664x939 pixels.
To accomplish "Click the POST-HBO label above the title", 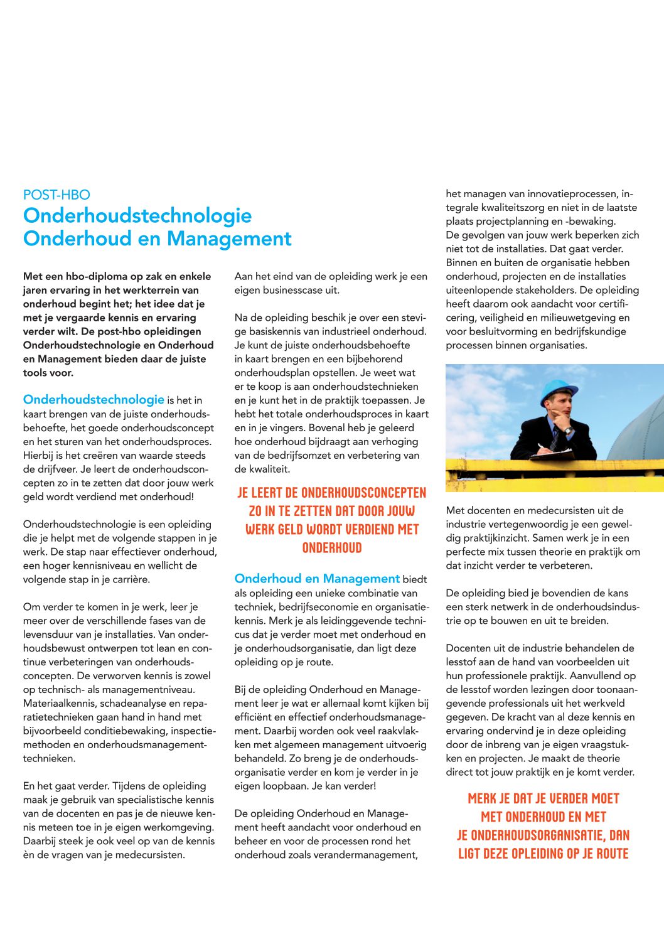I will [x=56, y=195].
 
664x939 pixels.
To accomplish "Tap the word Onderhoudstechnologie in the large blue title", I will [x=137, y=215].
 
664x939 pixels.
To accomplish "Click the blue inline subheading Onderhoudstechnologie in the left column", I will [x=94, y=400].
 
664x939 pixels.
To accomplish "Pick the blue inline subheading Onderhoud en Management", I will [x=317, y=579].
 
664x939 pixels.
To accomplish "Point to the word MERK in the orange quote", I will [x=482, y=799].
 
